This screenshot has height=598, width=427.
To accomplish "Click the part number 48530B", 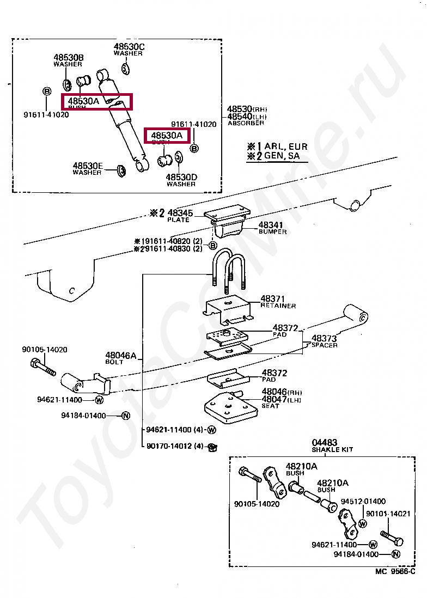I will point(68,57).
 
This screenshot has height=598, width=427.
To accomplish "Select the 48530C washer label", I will point(129,46).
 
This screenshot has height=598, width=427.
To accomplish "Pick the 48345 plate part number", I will point(179,213).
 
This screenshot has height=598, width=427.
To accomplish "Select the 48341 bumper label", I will point(271,224).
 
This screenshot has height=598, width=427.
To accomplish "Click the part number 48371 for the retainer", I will point(272,298).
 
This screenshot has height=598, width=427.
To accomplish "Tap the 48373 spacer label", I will point(324,338).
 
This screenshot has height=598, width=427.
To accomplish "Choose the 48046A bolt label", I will point(120,356).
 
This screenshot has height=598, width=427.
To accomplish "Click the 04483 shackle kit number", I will point(325,443).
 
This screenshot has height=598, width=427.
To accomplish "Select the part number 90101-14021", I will point(387,513).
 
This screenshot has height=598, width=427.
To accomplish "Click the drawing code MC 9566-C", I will point(394,571).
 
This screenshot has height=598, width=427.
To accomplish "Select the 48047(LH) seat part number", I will point(280,400).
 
